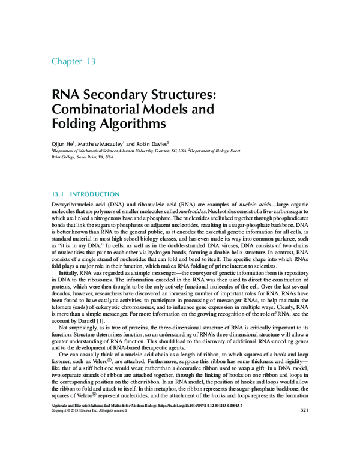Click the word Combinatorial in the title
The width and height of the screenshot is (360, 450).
coord(95,110)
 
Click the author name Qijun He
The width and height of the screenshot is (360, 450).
coord(61,144)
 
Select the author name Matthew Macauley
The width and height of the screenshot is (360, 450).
coord(101,144)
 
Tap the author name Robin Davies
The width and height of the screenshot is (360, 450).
coord(152,144)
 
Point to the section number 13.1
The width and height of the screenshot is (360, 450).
coord(58,194)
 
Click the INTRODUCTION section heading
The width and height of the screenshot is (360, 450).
coord(95,194)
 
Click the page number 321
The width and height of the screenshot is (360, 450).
coord(303,410)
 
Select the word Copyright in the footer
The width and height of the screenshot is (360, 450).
coord(61,410)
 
